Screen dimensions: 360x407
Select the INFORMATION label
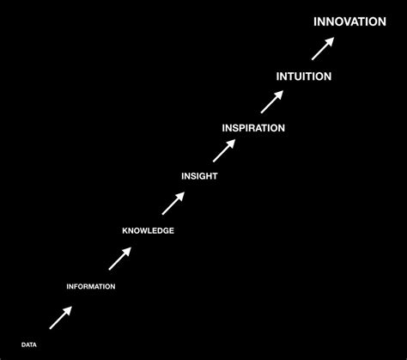[91, 286]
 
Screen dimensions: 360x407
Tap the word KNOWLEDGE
[148, 230]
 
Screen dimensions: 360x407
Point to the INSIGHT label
[199, 176]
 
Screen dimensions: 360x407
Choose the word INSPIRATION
[253, 128]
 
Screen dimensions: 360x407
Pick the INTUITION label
[304, 76]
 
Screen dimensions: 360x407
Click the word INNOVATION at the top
[349, 21]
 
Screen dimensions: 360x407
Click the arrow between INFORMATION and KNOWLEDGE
[119, 259]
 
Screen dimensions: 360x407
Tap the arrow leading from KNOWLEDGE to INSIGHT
[173, 203]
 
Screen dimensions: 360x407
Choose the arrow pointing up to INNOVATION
[322, 47]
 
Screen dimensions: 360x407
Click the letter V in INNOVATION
[349, 21]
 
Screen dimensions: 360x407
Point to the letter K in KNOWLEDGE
[125, 230]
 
